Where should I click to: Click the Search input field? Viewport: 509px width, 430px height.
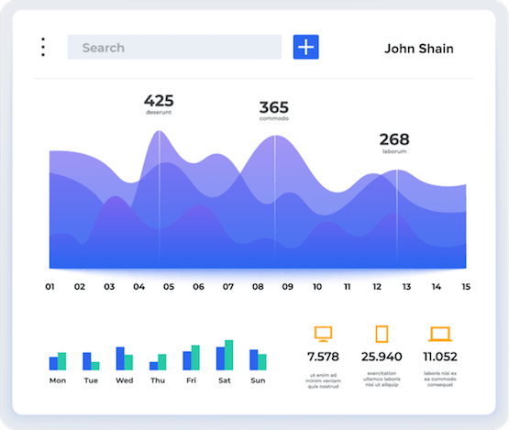(174, 48)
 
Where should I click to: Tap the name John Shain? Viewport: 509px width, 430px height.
(418, 49)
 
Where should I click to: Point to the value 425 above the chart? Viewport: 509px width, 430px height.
(159, 101)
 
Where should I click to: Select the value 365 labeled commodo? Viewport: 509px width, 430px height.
(273, 107)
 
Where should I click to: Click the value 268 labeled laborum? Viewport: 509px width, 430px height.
(394, 140)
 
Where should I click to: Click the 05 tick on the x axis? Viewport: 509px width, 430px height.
(169, 287)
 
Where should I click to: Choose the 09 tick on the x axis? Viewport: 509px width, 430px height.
(287, 287)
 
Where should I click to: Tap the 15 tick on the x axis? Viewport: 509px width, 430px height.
(466, 287)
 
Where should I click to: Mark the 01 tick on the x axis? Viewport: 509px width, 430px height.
(50, 287)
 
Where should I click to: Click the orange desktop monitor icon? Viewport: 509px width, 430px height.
(323, 335)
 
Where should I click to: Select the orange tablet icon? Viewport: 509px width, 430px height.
(382, 335)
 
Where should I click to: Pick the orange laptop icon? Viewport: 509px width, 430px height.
(440, 335)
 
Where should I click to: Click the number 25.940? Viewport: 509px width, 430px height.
(382, 357)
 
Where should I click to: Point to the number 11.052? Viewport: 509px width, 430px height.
(440, 357)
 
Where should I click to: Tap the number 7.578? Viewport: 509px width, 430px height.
(323, 357)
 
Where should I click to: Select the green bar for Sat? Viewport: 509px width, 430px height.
(228, 356)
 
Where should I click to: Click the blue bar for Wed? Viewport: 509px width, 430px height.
(120, 358)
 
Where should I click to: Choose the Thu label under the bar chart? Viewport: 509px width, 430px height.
(158, 380)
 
